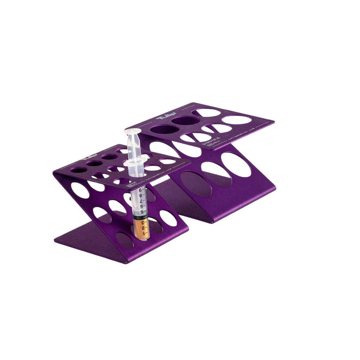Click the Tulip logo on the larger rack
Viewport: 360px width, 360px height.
click(x=163, y=118)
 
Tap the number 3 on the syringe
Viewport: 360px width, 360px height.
click(x=146, y=223)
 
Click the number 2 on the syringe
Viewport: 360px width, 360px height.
click(x=146, y=228)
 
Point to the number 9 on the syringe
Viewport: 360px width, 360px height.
click(x=140, y=190)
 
